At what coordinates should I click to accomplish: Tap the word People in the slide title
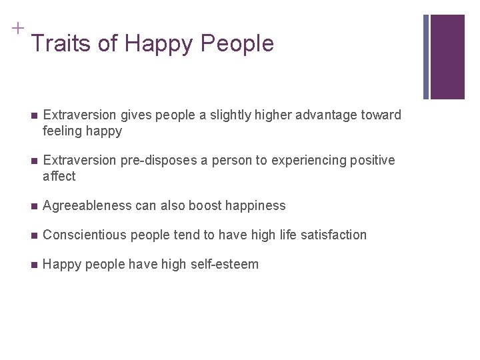[237, 43]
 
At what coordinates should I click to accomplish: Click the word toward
[381, 115]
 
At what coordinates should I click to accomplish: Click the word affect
[59, 177]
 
